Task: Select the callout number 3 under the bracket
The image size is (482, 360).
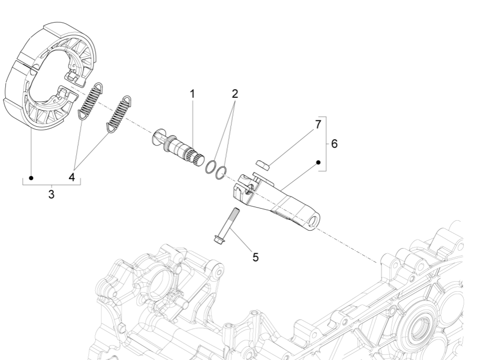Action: [x=51, y=194]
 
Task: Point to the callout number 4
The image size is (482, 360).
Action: [x=71, y=177]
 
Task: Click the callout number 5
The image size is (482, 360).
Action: [x=255, y=257]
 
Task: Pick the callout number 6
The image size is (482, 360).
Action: [x=334, y=143]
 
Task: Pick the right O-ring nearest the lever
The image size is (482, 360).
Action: [x=222, y=171]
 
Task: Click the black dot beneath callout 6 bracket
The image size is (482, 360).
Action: [x=319, y=163]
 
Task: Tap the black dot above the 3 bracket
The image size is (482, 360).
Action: [x=31, y=178]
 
